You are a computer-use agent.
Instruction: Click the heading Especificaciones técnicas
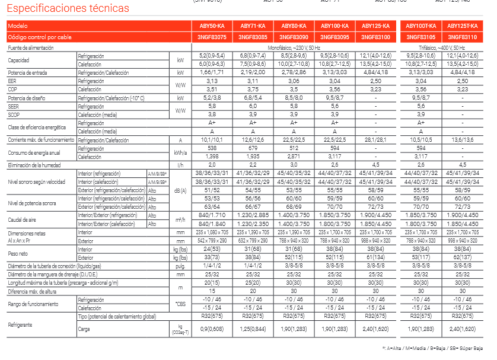pyautogui.click(x=68, y=8)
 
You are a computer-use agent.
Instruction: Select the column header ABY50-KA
pyautogui.click(x=212, y=26)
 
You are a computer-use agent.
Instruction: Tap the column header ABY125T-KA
pyautogui.click(x=463, y=26)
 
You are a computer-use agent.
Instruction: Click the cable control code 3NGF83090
pyautogui.click(x=294, y=37)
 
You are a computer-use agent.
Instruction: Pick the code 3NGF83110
pyautogui.click(x=463, y=37)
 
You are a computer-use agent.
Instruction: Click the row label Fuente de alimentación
pyautogui.click(x=31, y=47)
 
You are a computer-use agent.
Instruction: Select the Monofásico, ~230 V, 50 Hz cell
pyautogui.click(x=294, y=47)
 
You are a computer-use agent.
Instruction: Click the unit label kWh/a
pyautogui.click(x=180, y=152)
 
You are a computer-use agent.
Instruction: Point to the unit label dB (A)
pyautogui.click(x=180, y=190)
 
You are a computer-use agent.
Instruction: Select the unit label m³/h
pyautogui.click(x=180, y=220)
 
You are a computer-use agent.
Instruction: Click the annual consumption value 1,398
pyautogui.click(x=212, y=156)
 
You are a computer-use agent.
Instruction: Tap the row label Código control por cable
pyautogui.click(x=40, y=37)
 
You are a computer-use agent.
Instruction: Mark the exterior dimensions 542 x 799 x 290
pyautogui.click(x=212, y=241)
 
